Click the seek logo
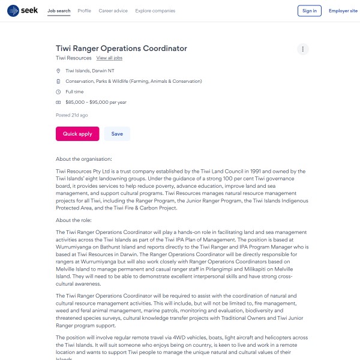click(23, 11)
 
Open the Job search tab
click(59, 11)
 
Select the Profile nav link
click(85, 11)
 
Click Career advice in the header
click(113, 11)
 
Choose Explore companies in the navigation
click(155, 11)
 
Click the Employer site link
click(343, 11)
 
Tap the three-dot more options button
click(303, 49)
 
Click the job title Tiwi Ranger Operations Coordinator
click(121, 49)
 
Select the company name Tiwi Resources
click(74, 58)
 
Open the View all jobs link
click(109, 58)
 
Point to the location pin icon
click(58, 71)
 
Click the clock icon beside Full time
click(58, 92)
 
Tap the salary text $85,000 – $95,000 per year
click(96, 103)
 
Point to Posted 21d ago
click(72, 115)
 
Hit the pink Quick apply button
click(77, 134)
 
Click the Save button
click(117, 134)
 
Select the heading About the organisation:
click(84, 159)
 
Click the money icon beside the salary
click(58, 103)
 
